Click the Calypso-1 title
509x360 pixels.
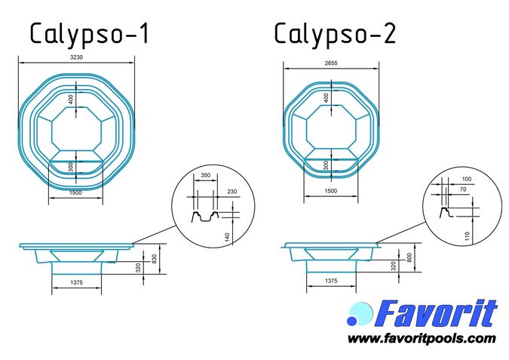point(90,34)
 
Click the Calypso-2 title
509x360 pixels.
point(335,34)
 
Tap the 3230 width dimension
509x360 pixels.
point(77,57)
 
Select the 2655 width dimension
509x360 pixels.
point(331,63)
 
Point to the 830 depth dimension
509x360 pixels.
point(154,259)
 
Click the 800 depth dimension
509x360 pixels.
point(409,257)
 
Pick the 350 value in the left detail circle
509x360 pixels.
point(205,175)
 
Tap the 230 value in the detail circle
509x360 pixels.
point(232,192)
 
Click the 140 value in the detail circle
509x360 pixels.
point(227,237)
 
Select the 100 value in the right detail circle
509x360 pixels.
point(467,179)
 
